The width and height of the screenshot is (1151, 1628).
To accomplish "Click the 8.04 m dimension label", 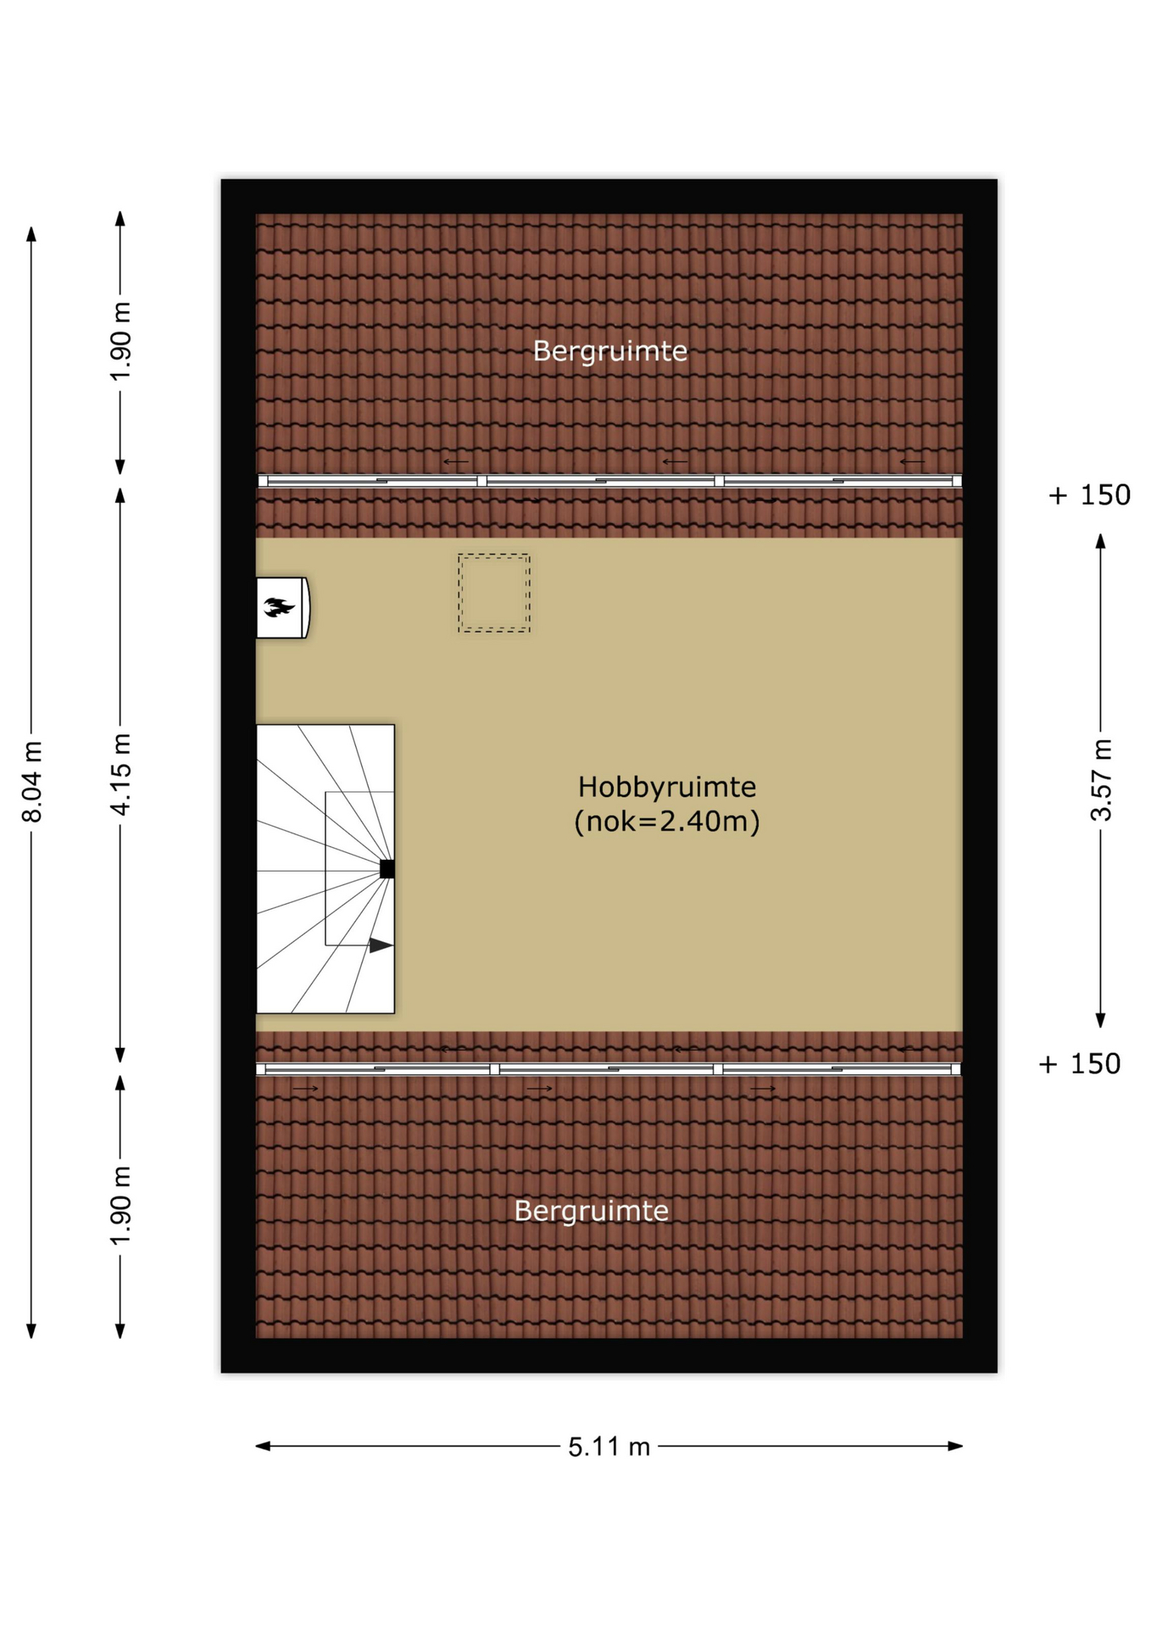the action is click(32, 781).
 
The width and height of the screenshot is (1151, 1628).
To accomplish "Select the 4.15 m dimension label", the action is click(121, 774).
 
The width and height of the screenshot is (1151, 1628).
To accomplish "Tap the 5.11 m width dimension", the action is click(609, 1446).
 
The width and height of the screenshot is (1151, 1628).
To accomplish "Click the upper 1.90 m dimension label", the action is click(121, 341).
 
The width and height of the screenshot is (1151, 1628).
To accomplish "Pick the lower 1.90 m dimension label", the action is click(121, 1205).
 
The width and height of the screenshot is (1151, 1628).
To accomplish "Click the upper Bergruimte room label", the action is click(609, 351).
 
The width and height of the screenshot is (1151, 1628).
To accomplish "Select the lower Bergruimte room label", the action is click(591, 1211).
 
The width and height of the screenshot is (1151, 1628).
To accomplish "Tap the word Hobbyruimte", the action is click(667, 787).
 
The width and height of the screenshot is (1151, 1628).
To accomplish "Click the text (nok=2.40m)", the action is click(667, 821).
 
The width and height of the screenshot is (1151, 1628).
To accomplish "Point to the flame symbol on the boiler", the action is click(279, 607).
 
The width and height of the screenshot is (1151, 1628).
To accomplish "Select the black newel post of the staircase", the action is click(387, 868).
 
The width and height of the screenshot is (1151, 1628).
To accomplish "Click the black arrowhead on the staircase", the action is click(381, 945).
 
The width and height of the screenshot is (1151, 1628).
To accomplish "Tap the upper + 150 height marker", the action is click(1089, 494).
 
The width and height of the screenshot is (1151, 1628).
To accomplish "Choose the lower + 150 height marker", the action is click(1079, 1063).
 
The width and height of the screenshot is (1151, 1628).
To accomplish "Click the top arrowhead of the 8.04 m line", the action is click(31, 234).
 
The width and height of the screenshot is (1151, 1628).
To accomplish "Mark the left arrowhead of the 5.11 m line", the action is click(263, 1446).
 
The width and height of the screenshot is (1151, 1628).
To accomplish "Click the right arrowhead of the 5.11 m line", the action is click(955, 1446).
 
